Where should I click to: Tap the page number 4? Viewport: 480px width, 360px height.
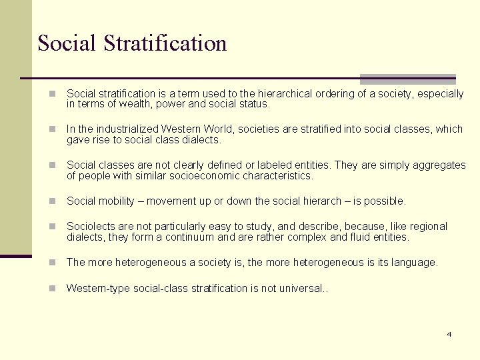(x=449, y=334)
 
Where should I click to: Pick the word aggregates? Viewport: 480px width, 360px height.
(x=437, y=165)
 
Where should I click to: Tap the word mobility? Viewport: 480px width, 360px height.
(x=119, y=201)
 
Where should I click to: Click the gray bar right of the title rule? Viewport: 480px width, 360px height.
(x=407, y=79)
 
